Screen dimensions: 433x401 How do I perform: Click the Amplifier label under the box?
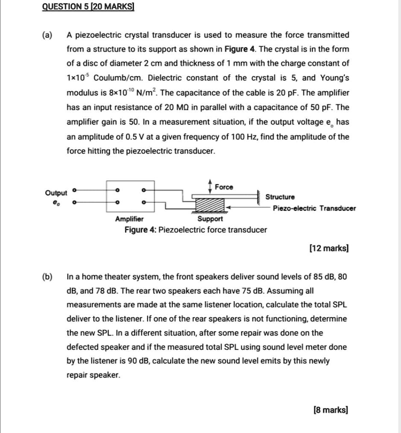pyautogui.click(x=129, y=219)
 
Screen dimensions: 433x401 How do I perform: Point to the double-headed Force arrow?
pyautogui.click(x=210, y=186)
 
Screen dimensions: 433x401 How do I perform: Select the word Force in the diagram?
pyautogui.click(x=224, y=187)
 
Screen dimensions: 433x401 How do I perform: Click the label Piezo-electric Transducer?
pyautogui.click(x=314, y=208)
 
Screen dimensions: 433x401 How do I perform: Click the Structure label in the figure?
pyautogui.click(x=280, y=197)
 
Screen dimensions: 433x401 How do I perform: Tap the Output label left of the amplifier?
pyautogui.click(x=56, y=193)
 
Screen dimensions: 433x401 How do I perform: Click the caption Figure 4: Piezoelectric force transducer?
pyautogui.click(x=195, y=230)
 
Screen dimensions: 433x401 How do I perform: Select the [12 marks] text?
pyautogui.click(x=328, y=248)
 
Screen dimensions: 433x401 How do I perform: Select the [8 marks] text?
pyautogui.click(x=331, y=410)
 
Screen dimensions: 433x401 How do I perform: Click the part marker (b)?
pyautogui.click(x=47, y=277)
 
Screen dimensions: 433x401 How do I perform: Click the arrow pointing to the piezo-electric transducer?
pyautogui.click(x=247, y=208)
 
